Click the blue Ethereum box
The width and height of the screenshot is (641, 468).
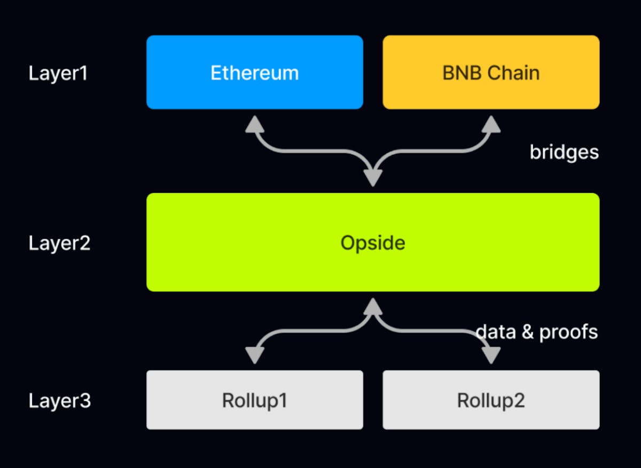(x=254, y=73)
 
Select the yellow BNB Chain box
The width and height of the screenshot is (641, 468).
(x=490, y=73)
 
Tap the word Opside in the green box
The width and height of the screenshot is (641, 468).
(x=373, y=243)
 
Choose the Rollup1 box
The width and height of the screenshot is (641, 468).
(x=254, y=400)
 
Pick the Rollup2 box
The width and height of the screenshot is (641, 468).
(x=490, y=400)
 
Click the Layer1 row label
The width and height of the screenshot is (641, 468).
(x=58, y=73)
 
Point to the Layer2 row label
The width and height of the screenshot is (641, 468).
(x=59, y=244)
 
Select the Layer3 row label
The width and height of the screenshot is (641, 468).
(x=59, y=401)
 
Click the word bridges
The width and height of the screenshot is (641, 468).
(x=564, y=153)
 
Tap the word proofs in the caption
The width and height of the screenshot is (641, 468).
(x=568, y=332)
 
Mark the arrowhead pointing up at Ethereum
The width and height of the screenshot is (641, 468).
(x=255, y=124)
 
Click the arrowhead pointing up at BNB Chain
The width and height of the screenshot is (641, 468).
(x=490, y=124)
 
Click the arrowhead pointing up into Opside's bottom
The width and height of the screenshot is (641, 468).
(x=373, y=306)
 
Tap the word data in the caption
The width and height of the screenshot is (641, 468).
(x=496, y=332)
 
